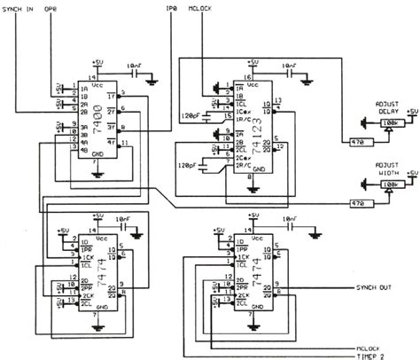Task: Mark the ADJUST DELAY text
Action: pyautogui.click(x=391, y=105)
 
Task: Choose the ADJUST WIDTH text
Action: pyautogui.click(x=390, y=169)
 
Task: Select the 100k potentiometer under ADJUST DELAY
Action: pyautogui.click(x=387, y=123)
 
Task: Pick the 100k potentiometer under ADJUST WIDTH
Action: pyautogui.click(x=387, y=187)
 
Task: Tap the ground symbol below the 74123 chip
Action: pyautogui.click(x=253, y=188)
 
